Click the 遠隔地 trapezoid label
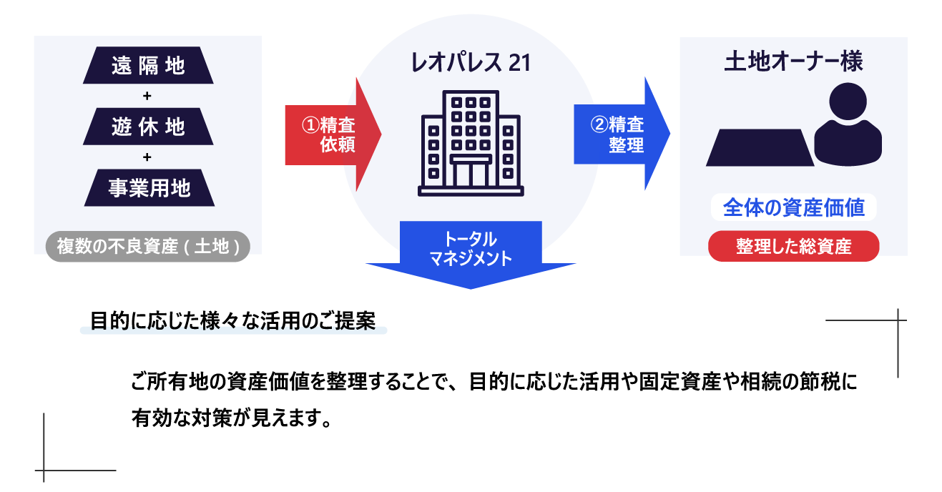[148, 66]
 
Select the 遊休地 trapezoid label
[148, 127]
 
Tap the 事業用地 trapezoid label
[149, 187]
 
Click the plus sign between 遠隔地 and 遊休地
[147, 96]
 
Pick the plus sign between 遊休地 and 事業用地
[147, 157]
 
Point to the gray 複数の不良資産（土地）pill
[148, 247]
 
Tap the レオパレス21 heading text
[470, 63]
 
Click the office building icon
[471, 143]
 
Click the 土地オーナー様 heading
[793, 62]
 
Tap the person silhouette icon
[848, 125]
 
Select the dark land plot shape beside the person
[760, 147]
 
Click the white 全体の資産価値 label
[793, 207]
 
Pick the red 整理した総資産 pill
[793, 247]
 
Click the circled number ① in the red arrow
[310, 125]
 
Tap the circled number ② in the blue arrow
[599, 125]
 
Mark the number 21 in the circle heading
[519, 63]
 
